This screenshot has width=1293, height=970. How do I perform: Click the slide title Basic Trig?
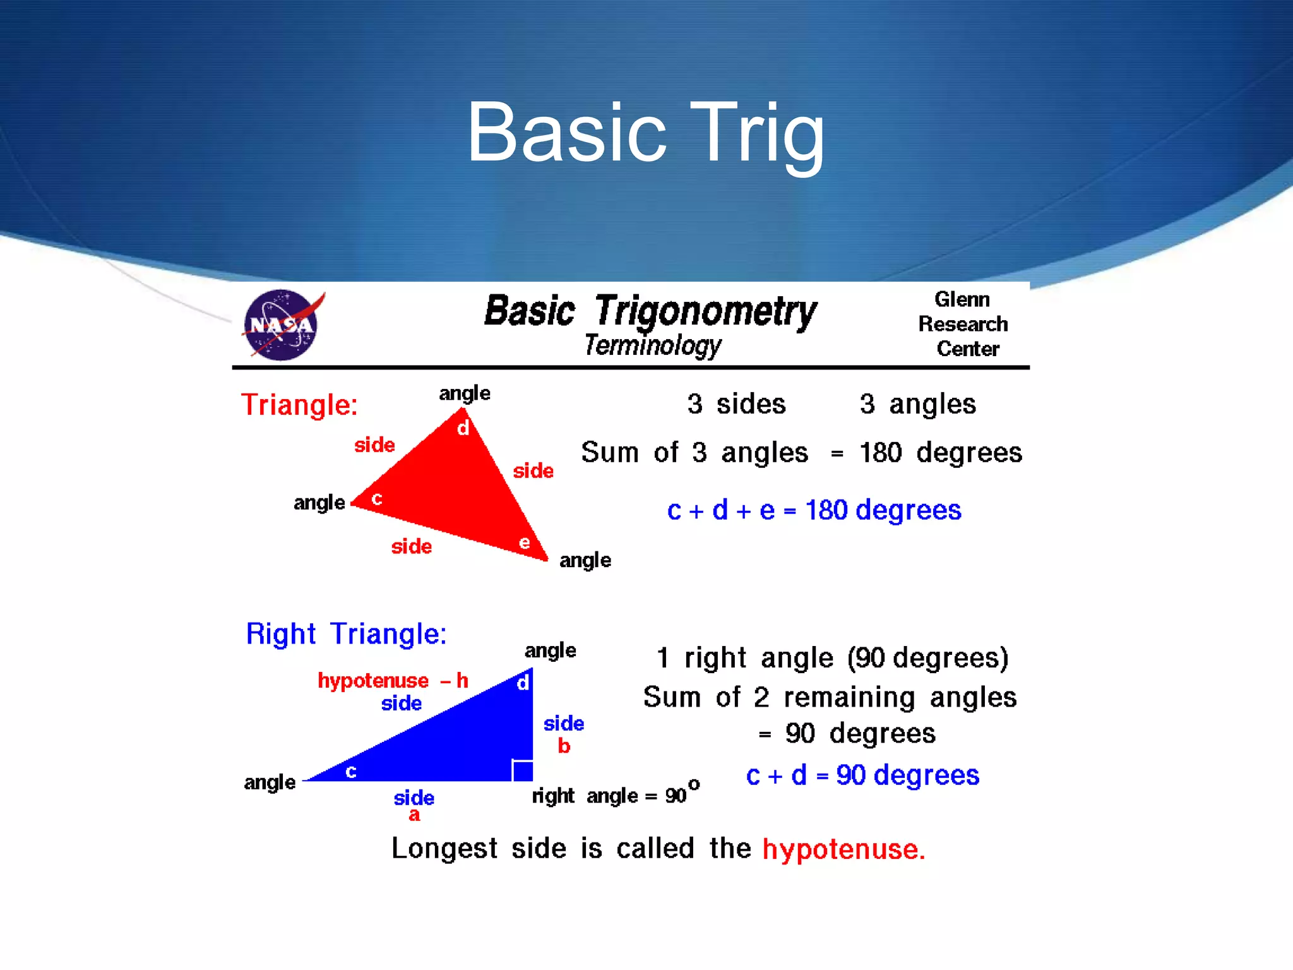pyautogui.click(x=645, y=134)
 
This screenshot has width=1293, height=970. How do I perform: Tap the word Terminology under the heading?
pyautogui.click(x=652, y=345)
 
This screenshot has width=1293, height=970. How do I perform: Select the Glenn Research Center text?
pyautogui.click(x=963, y=324)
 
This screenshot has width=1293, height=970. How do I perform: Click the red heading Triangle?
pyautogui.click(x=299, y=405)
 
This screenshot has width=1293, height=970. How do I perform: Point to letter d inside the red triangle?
pyautogui.click(x=463, y=429)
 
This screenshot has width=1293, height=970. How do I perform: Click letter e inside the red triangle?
pyautogui.click(x=524, y=542)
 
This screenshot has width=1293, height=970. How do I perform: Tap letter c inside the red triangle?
pyautogui.click(x=377, y=499)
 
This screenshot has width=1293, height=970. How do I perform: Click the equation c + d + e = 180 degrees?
pyautogui.click(x=814, y=510)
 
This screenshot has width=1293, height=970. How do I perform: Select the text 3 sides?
pyautogui.click(x=736, y=404)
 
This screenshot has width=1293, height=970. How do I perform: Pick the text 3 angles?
pyautogui.click(x=917, y=404)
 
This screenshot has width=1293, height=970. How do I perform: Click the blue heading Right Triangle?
pyautogui.click(x=346, y=634)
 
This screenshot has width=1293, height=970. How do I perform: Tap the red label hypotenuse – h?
pyautogui.click(x=392, y=681)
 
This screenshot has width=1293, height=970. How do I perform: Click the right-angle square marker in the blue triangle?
pyautogui.click(x=523, y=770)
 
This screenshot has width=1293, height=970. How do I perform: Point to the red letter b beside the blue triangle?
pyautogui.click(x=564, y=746)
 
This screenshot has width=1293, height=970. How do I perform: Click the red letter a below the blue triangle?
pyautogui.click(x=414, y=815)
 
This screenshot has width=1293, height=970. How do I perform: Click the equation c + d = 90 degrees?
pyautogui.click(x=862, y=775)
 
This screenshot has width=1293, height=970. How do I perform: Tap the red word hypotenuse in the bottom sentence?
pyautogui.click(x=843, y=849)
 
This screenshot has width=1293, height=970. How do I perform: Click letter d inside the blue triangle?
pyautogui.click(x=523, y=683)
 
